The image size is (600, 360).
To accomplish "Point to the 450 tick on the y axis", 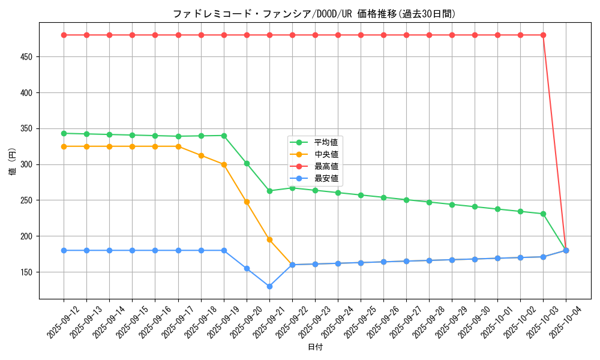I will click(29, 57).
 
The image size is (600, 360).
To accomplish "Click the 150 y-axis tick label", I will click(29, 272).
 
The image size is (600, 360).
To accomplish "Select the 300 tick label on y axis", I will click(29, 164).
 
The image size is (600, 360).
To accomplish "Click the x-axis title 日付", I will click(315, 347).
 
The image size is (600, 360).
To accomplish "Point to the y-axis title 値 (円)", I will click(13, 161).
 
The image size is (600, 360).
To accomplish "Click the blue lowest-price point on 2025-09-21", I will click(269, 286).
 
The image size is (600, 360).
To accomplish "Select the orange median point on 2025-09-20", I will click(247, 202).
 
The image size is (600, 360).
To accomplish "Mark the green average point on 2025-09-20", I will click(247, 163).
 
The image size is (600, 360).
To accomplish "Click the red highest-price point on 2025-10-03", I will click(543, 35).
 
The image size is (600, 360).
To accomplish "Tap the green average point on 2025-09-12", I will click(64, 133).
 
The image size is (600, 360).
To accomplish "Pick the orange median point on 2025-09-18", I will click(201, 155).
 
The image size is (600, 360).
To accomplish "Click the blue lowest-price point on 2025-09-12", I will click(64, 250).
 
